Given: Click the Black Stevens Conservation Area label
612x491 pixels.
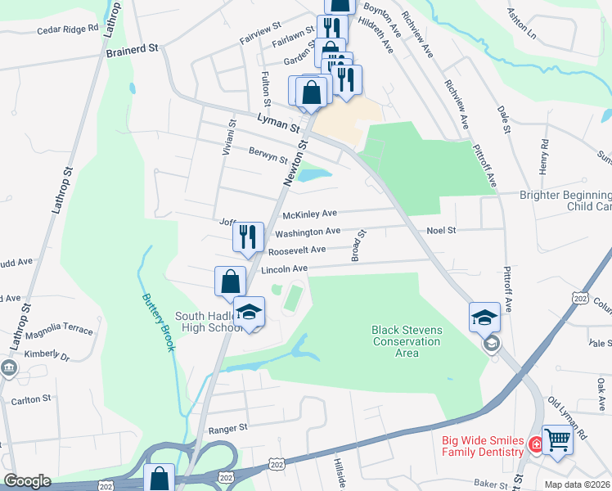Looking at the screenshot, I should (x=407, y=341).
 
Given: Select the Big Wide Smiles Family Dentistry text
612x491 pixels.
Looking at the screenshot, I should (x=483, y=446).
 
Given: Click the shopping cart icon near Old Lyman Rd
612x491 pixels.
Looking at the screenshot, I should (x=557, y=439).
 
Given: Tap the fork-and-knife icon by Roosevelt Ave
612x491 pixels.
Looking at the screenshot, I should (x=248, y=236).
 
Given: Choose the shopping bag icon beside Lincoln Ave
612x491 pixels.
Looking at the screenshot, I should (x=230, y=281).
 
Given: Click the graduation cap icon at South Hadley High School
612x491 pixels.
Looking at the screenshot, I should (x=250, y=312).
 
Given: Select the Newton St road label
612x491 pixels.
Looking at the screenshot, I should (x=295, y=163).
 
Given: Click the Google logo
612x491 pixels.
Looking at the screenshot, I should (x=27, y=481).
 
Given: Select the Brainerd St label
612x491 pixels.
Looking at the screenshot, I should (x=132, y=50).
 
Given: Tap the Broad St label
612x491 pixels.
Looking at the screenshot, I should (x=357, y=245).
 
